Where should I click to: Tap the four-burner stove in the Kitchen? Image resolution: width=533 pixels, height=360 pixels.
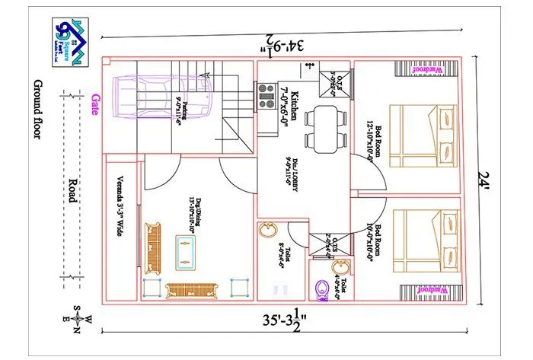tap(266, 95)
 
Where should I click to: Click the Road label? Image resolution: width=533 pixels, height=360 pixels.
tap(71, 186)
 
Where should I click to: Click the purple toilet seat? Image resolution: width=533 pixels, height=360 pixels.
tap(321, 289)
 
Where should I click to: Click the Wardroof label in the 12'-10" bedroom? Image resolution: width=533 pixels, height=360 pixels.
tap(423, 70)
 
